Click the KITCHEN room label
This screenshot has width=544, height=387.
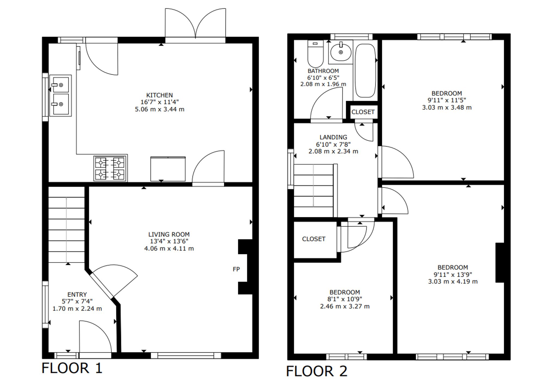pyautogui.click(x=159, y=95)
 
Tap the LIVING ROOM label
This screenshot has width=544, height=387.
pyautogui.click(x=169, y=234)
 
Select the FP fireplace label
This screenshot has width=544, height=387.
pyautogui.click(x=236, y=269)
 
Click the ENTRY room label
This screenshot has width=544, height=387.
pyautogui.click(x=77, y=294)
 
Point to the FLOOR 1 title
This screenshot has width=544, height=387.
pyautogui.click(x=72, y=368)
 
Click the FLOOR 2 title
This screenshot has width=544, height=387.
pyautogui.click(x=317, y=371)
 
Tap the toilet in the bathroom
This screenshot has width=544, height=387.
pyautogui.click(x=316, y=54)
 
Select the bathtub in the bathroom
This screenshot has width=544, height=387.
pyautogui.click(x=365, y=70)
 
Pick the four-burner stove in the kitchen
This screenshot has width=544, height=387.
pyautogui.click(x=110, y=168)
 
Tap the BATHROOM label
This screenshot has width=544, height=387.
pyautogui.click(x=323, y=71)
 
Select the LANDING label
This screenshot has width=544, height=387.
pyautogui.click(x=333, y=137)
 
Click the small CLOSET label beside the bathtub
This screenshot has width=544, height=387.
pyautogui.click(x=363, y=112)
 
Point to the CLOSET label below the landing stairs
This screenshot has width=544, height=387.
pyautogui.click(x=314, y=239)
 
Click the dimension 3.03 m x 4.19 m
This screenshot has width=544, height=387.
pyautogui.click(x=453, y=282)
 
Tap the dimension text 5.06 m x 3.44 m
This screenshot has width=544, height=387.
pyautogui.click(x=160, y=109)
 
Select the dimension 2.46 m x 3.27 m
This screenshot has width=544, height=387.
pyautogui.click(x=345, y=306)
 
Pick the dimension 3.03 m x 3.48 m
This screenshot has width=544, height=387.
pyautogui.click(x=447, y=108)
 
